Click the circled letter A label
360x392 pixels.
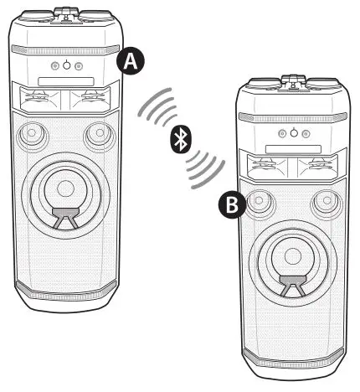click(x=129, y=60)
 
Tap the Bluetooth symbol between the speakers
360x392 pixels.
click(x=179, y=141)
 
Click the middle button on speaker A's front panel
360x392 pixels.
click(x=67, y=65)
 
